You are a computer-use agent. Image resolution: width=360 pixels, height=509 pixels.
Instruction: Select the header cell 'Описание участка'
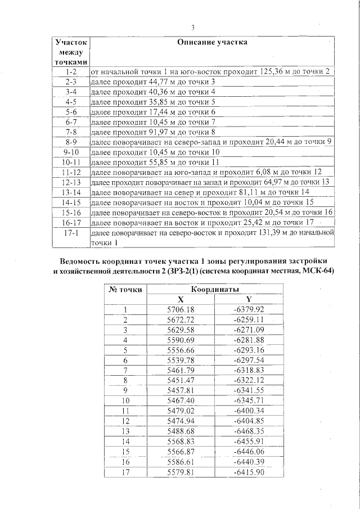[212, 42]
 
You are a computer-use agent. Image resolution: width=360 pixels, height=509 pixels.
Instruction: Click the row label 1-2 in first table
[71, 73]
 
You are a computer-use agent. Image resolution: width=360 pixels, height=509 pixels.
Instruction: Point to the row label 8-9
[71, 141]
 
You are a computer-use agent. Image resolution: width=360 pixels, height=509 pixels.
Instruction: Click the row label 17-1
[71, 232]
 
